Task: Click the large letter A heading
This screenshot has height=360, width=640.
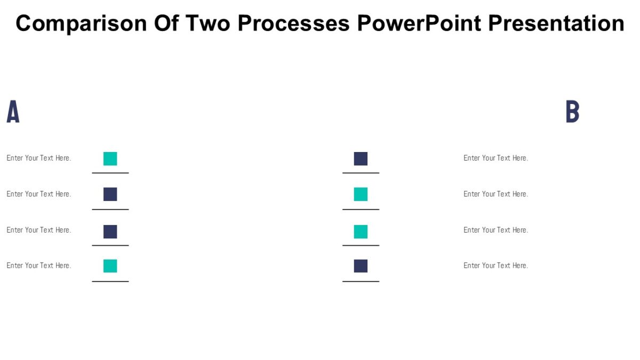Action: click(x=13, y=112)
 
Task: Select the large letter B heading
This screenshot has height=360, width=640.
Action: click(x=572, y=112)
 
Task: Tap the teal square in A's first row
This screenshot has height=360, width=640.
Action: click(x=110, y=158)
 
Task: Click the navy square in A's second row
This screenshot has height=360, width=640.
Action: click(x=110, y=194)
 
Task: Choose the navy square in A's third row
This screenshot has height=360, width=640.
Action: click(x=110, y=231)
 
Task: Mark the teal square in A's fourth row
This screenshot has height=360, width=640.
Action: click(x=110, y=266)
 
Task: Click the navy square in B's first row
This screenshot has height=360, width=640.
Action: click(x=361, y=158)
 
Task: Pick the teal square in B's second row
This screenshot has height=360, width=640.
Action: click(x=361, y=194)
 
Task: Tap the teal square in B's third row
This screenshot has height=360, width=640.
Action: click(x=361, y=231)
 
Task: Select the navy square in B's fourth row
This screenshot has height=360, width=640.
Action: click(x=361, y=266)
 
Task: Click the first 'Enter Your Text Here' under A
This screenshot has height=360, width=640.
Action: click(x=38, y=158)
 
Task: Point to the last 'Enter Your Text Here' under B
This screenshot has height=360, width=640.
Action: click(x=495, y=266)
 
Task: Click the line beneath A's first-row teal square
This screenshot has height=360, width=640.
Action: click(x=110, y=173)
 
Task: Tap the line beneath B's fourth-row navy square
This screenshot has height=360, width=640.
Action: click(x=361, y=281)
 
